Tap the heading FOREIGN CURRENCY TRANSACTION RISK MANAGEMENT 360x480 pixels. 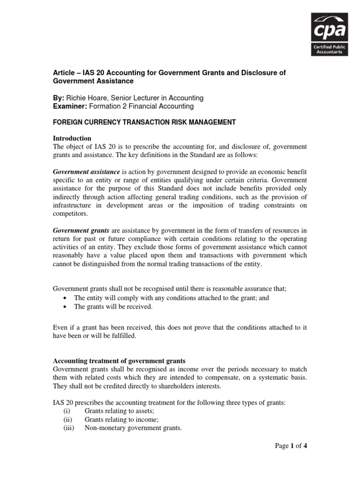(144, 122)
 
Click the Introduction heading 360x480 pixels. (72, 138)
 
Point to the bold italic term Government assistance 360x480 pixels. (86, 172)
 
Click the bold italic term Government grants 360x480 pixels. (81, 231)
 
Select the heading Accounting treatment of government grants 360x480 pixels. (119, 361)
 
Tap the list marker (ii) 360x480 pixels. (67, 420)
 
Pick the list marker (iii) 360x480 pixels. (67, 428)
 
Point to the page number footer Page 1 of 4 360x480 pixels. (291, 446)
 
